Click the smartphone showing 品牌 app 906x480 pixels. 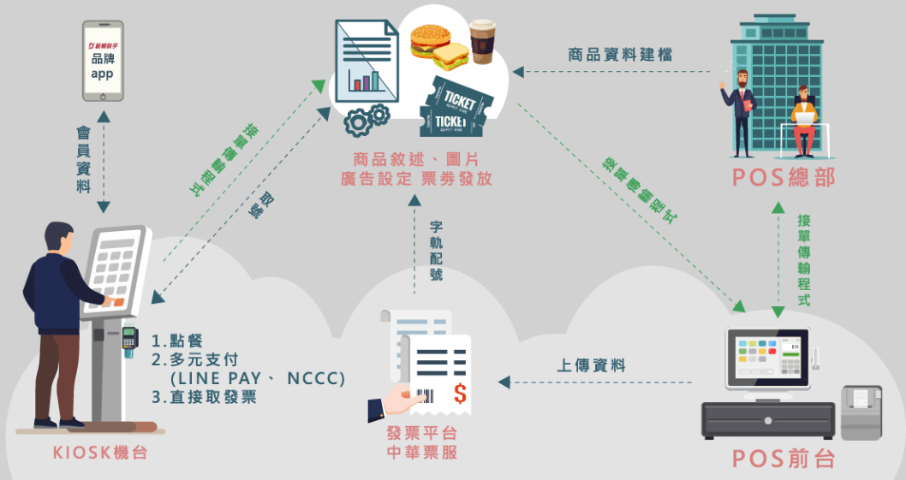pyautogui.click(x=103, y=59)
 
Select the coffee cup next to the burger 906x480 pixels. pyautogui.click(x=482, y=42)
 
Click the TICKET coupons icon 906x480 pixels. pyautogui.click(x=453, y=106)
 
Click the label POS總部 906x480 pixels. pyautogui.click(x=783, y=177)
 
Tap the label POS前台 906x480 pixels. pyautogui.click(x=783, y=459)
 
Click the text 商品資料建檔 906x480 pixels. pyautogui.click(x=620, y=55)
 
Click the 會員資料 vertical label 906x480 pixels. pyautogui.click(x=83, y=161)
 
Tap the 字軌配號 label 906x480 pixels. pyautogui.click(x=436, y=251)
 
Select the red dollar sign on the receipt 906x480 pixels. pyautogui.click(x=460, y=394)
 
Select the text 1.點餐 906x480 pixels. pyautogui.click(x=178, y=341)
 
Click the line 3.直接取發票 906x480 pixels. pyautogui.click(x=204, y=397)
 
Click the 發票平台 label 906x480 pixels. pyautogui.click(x=421, y=433)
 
